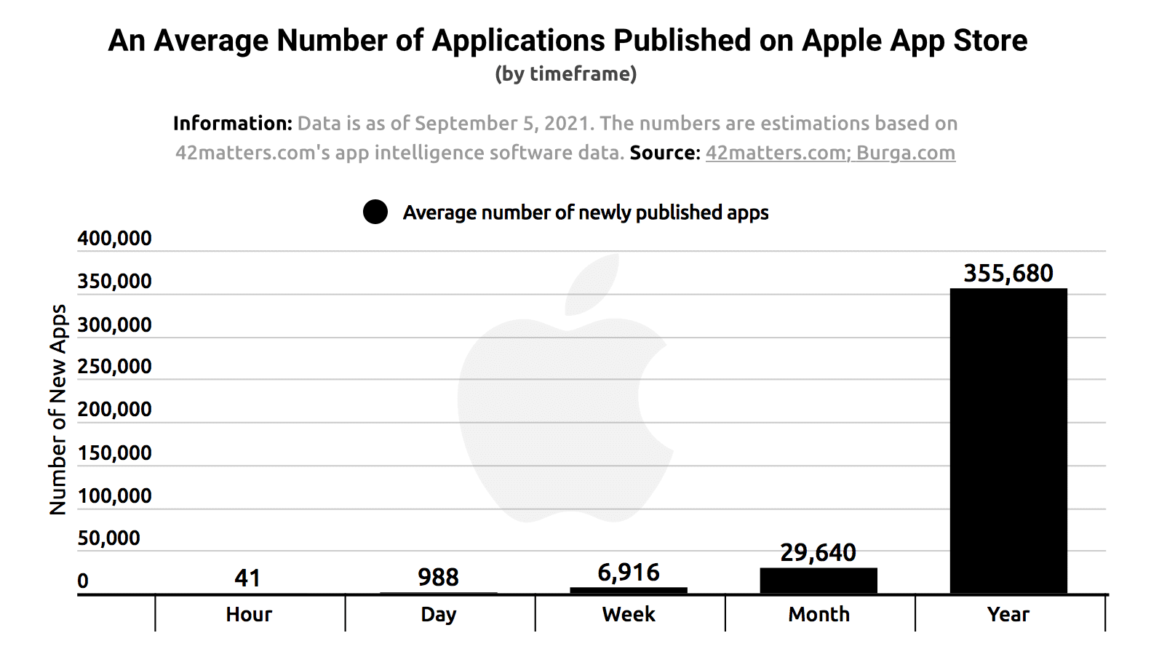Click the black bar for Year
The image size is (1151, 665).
coord(1008,440)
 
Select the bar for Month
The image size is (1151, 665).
coord(818,581)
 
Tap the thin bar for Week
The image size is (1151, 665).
coord(628,590)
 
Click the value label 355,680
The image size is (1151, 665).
coord(1008,274)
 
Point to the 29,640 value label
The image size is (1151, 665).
coord(818,553)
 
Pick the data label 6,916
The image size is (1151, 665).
coord(628,573)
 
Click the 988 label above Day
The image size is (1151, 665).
coord(438,577)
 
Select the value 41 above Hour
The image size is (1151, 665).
coord(247,578)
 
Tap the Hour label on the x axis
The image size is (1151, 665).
coord(248,614)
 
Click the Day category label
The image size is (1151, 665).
coord(438,614)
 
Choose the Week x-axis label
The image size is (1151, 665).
coord(629,614)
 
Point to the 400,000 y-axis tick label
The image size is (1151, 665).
coord(114,239)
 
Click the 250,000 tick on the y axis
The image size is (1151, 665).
coord(114,366)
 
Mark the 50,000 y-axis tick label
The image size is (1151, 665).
coord(108,538)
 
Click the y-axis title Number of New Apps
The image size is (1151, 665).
coord(57,409)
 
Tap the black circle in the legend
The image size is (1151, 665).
coord(375,212)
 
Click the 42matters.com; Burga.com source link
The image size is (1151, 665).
coord(830,153)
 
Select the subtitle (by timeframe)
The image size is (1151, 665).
coord(565,73)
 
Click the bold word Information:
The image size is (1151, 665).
coord(232,123)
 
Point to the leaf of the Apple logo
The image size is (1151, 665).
coord(593,285)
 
